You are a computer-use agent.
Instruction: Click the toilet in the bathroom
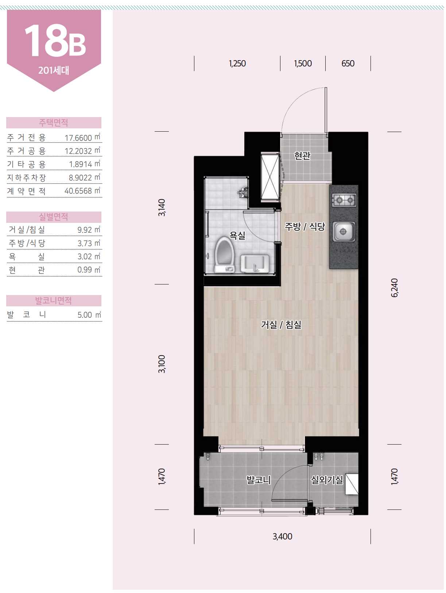click(x=224, y=255)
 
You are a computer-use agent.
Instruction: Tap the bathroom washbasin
click(x=255, y=263)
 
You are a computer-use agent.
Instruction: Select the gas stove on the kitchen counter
click(x=344, y=200)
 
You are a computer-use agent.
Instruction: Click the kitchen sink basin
click(x=344, y=232)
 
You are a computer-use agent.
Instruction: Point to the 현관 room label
click(x=302, y=156)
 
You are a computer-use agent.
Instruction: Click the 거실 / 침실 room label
click(x=281, y=325)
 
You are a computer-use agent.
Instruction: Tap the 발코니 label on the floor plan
click(x=259, y=480)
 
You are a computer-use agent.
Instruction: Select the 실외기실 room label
click(x=327, y=480)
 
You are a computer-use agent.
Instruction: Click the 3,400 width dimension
click(x=282, y=536)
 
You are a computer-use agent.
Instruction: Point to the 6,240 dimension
click(x=395, y=288)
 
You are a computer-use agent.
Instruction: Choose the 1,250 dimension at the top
click(x=237, y=63)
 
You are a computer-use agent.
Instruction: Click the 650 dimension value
click(x=348, y=63)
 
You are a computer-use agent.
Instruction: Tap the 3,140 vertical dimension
click(x=162, y=208)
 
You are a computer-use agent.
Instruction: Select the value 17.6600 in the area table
click(x=78, y=138)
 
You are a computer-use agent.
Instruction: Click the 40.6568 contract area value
click(x=78, y=191)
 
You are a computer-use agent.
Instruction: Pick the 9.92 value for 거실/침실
click(x=85, y=230)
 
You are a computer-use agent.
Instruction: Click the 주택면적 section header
click(x=54, y=123)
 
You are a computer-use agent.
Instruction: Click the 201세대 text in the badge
click(x=54, y=70)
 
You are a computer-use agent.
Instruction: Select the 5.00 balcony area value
click(x=85, y=315)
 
